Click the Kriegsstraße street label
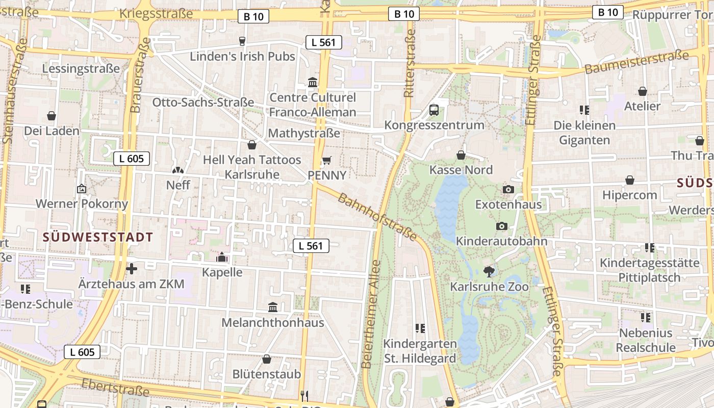point(156,13)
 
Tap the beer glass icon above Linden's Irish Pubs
point(242,41)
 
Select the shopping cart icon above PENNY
point(327,161)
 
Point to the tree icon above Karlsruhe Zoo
point(489,271)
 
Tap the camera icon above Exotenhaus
point(508,190)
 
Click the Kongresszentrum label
point(434,125)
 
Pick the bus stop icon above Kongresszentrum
point(434,110)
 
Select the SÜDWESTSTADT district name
point(98,237)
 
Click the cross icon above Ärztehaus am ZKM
point(132,269)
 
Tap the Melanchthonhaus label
point(272,323)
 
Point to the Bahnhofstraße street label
point(377,217)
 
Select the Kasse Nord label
point(461,170)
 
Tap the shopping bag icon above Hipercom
point(630,180)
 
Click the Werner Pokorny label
point(82,204)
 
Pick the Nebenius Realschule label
point(646,340)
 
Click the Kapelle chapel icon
point(222,257)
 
